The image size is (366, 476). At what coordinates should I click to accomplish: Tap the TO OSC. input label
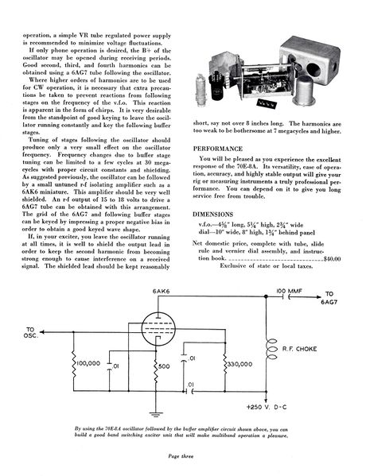[31, 332]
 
